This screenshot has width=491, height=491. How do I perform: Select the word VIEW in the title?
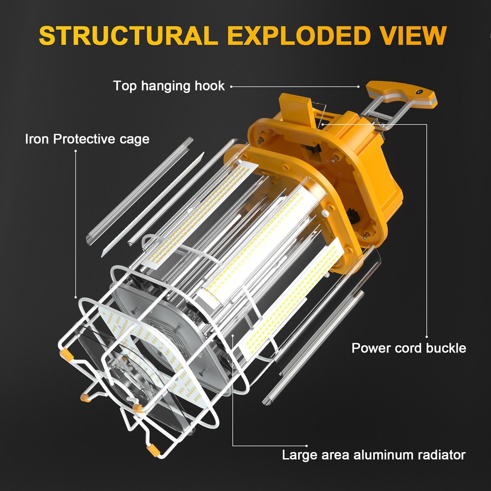point(411,35)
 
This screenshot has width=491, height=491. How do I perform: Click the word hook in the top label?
point(208,86)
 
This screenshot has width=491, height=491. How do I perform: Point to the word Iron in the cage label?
point(36,139)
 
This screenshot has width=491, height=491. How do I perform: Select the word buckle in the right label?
point(444,348)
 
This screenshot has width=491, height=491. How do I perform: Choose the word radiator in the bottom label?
point(439,455)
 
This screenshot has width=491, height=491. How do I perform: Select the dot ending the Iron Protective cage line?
point(76,297)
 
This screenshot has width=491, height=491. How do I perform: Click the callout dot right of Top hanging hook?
point(231,86)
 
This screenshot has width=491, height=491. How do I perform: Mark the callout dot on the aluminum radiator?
point(233,336)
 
